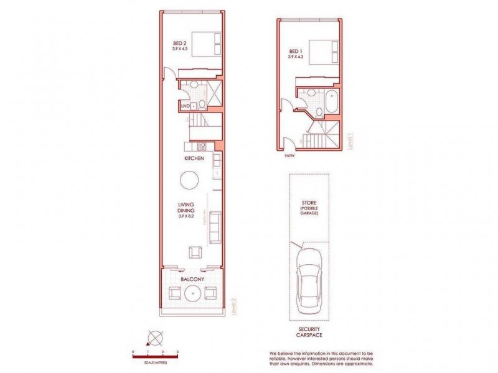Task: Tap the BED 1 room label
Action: click(x=296, y=52)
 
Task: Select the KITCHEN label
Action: click(x=194, y=160)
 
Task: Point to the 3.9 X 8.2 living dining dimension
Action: click(x=187, y=216)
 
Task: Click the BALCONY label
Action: click(x=192, y=280)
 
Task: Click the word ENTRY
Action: click(x=291, y=157)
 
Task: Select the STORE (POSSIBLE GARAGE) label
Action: click(x=309, y=206)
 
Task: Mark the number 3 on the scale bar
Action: click(x=178, y=352)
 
